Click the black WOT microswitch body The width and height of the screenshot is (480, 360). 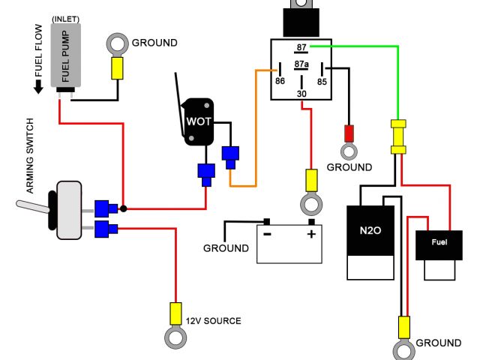click(x=199, y=121)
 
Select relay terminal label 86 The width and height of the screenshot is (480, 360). click(x=279, y=81)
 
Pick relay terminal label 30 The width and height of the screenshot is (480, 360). click(x=301, y=93)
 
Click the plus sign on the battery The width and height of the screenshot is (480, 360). click(x=310, y=234)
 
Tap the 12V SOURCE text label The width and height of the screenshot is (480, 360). click(x=214, y=321)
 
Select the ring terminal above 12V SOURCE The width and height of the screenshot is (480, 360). click(x=176, y=337)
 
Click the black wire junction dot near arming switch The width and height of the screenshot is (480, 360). click(x=123, y=208)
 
